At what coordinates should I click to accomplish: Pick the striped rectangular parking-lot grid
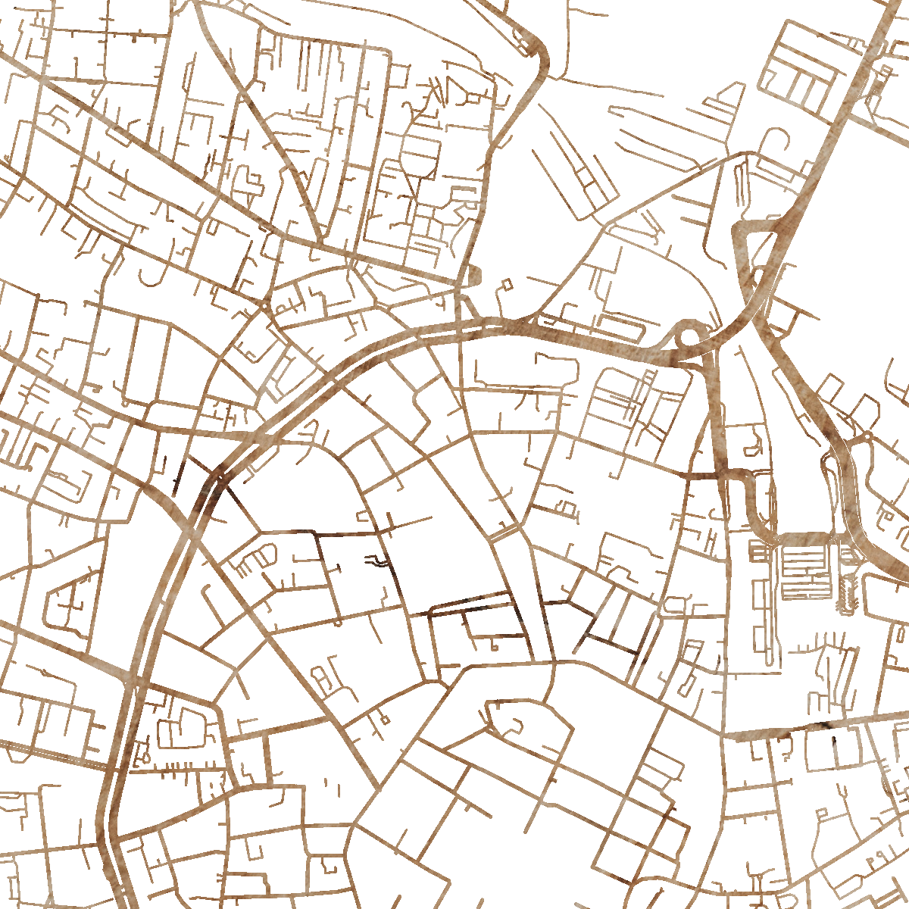point(806,572)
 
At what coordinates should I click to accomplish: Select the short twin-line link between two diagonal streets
point(500,534)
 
